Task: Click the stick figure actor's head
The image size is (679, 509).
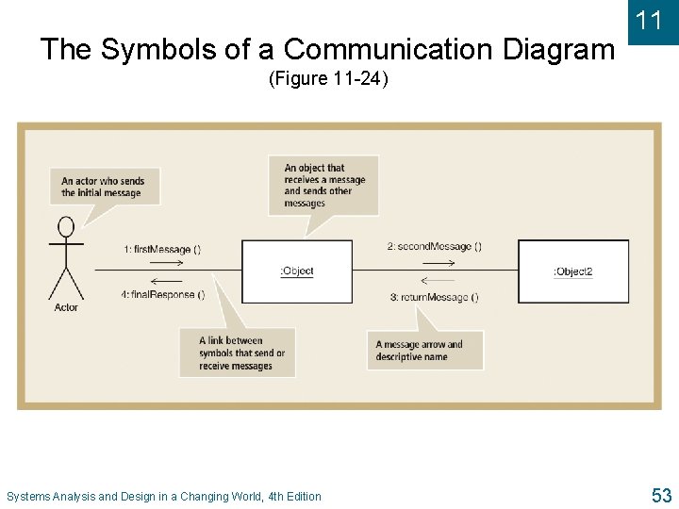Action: click(66, 227)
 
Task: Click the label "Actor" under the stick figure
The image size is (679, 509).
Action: click(66, 308)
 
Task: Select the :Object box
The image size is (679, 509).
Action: click(297, 271)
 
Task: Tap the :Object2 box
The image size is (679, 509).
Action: click(573, 271)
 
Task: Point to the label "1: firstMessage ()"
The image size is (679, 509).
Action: click(162, 250)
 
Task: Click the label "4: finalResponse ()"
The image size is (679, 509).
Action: click(162, 295)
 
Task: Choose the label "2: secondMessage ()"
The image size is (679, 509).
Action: click(435, 247)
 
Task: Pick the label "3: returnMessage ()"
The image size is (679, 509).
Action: click(435, 298)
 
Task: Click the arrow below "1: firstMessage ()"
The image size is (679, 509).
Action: click(167, 263)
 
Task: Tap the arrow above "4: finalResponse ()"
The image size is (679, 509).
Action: click(167, 281)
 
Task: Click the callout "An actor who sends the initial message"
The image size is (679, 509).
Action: click(104, 187)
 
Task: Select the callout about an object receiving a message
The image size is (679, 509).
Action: click(323, 186)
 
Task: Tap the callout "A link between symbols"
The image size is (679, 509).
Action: click(238, 353)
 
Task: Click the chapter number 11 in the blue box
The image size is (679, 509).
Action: click(649, 21)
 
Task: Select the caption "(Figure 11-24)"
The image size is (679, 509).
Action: click(328, 79)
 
